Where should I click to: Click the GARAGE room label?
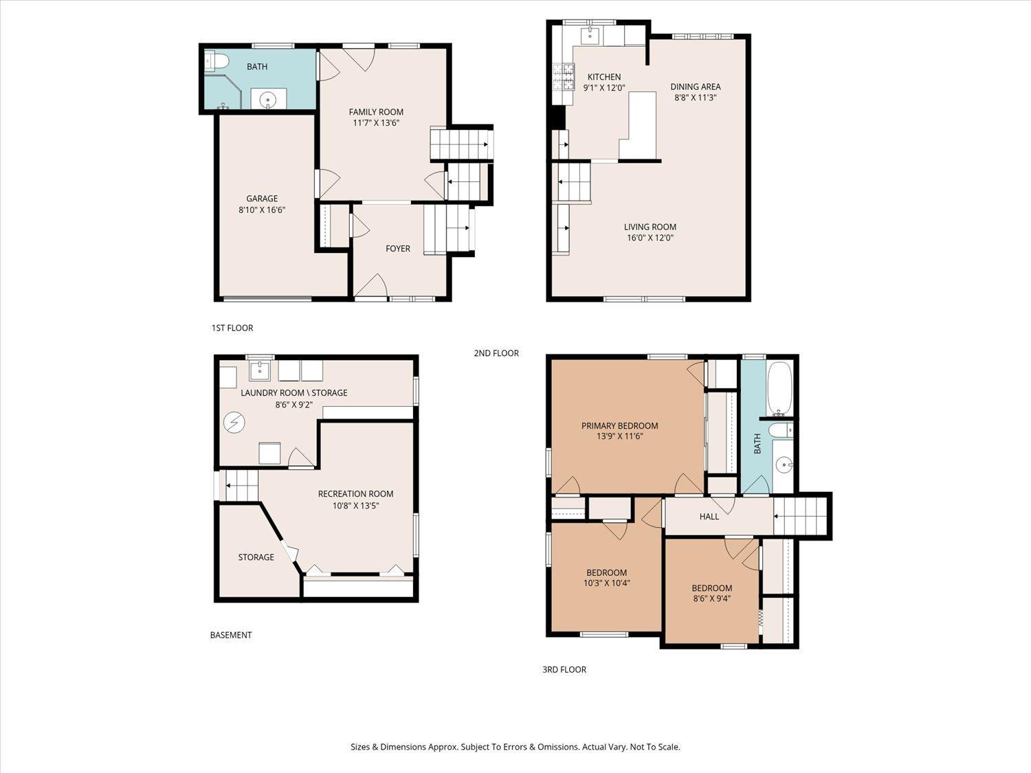click(x=262, y=199)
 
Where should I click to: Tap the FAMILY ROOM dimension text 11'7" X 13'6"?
click(x=376, y=123)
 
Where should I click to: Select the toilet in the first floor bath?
click(x=217, y=60)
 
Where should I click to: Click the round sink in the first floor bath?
click(x=268, y=100)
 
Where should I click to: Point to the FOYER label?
click(x=398, y=249)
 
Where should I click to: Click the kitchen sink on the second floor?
click(x=588, y=34)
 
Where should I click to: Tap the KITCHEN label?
click(x=604, y=77)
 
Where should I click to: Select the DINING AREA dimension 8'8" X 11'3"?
click(x=696, y=98)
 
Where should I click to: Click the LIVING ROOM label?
click(x=650, y=227)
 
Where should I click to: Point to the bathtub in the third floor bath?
click(x=779, y=389)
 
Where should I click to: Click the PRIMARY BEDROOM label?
click(x=619, y=426)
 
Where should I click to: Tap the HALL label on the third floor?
click(x=709, y=517)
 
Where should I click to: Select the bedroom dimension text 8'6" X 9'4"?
click(x=712, y=599)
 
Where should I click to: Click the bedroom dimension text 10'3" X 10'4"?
click(x=606, y=583)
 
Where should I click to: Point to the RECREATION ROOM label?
click(x=355, y=494)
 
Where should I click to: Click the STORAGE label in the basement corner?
click(x=256, y=557)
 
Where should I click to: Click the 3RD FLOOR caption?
click(x=564, y=670)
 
